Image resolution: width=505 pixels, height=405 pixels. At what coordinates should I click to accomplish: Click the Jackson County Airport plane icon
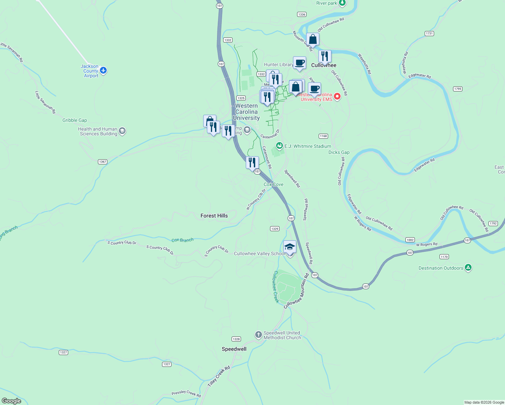click(103, 71)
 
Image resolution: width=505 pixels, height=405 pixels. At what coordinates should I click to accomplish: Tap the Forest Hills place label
click(214, 216)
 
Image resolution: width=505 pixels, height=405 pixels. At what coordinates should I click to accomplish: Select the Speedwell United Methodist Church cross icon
click(258, 335)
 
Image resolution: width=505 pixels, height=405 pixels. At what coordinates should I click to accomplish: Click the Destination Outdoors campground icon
click(468, 268)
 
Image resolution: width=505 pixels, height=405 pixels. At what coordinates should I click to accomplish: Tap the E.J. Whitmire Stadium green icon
click(279, 146)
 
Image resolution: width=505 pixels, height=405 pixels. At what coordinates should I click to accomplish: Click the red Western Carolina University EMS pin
click(337, 97)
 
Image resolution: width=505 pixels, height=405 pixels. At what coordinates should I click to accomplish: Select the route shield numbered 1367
click(103, 162)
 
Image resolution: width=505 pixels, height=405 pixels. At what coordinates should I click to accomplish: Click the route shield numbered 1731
click(429, 33)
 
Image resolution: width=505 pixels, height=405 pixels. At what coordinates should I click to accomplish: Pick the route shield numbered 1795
click(457, 89)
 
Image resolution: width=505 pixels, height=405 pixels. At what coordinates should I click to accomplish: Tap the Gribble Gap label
click(75, 120)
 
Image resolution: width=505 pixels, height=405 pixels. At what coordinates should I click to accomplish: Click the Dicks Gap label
click(339, 152)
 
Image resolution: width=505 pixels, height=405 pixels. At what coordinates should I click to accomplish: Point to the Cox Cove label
click(273, 184)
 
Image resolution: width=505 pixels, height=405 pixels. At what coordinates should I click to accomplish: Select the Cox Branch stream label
click(182, 240)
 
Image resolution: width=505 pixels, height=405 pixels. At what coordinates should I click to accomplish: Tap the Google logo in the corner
click(11, 401)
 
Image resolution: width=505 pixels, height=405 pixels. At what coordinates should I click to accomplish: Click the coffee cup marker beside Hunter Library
click(299, 63)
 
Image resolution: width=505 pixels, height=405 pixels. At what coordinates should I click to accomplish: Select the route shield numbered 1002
click(410, 240)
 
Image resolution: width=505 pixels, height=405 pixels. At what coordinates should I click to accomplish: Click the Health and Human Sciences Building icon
click(122, 131)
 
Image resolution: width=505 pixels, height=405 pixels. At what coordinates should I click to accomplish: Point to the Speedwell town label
click(234, 349)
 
